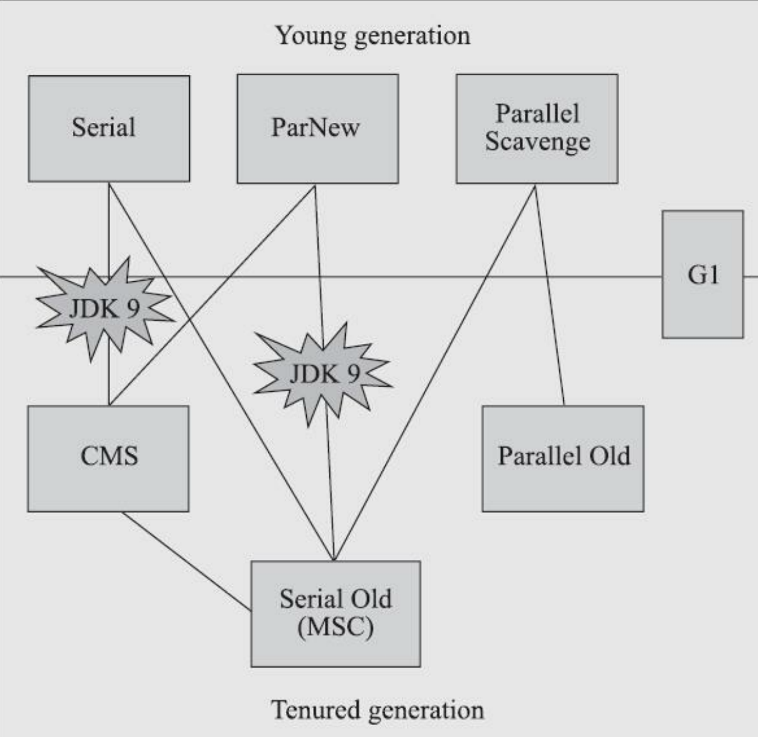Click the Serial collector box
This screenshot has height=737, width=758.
[109, 129]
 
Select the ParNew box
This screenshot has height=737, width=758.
[317, 129]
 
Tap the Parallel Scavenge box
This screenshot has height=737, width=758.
[537, 129]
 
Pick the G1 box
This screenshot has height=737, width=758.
[703, 274]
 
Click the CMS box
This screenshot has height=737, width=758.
[108, 458]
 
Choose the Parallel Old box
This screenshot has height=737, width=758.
[563, 458]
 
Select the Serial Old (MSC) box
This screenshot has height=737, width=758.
[336, 613]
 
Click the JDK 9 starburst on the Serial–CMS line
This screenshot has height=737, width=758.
[104, 308]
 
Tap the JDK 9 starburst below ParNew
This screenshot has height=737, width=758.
[324, 375]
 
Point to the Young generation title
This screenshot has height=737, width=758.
[373, 35]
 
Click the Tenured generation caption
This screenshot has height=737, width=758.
[378, 710]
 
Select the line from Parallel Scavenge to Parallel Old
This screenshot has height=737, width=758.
[549, 295]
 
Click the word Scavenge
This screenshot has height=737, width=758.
[537, 143]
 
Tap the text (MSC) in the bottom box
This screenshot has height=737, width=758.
[336, 627]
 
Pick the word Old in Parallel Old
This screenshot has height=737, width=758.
[608, 456]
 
